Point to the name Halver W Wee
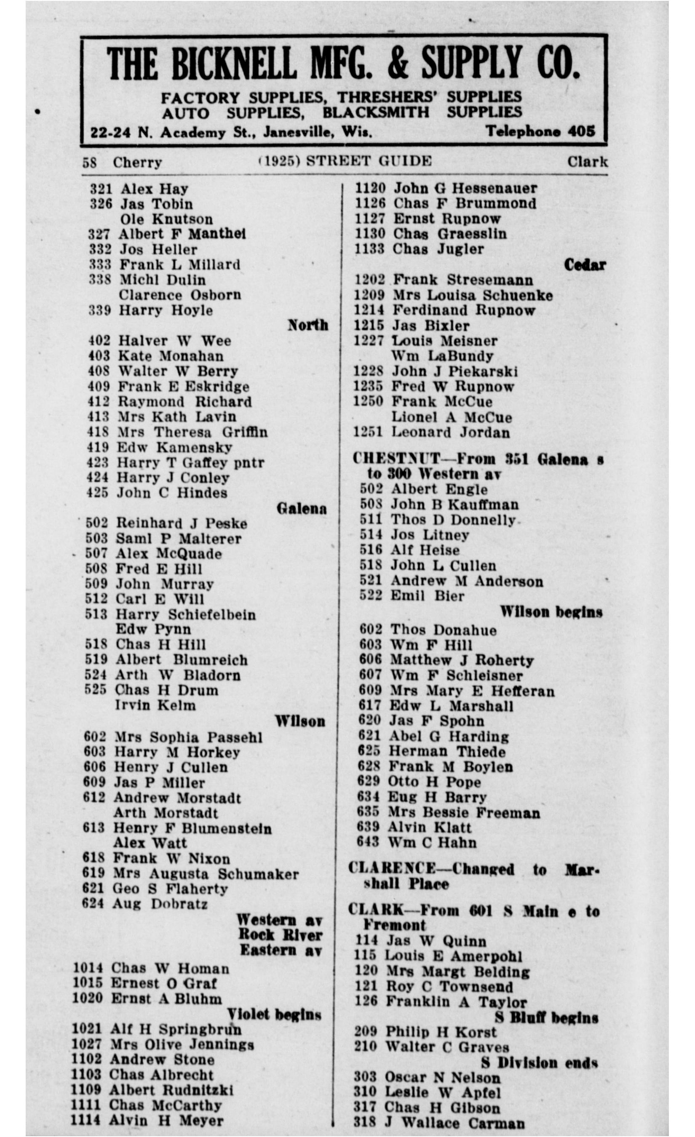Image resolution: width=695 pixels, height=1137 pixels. pos(174,341)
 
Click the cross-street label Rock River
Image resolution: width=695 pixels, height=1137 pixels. pos(280,934)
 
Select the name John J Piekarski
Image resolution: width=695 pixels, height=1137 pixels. pos(455,371)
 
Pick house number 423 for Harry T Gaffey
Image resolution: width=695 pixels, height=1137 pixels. pos(98,462)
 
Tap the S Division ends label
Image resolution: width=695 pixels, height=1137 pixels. pos(540,1063)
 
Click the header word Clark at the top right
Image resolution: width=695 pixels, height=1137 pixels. pos(587,162)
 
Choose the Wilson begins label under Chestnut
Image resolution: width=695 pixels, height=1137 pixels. pos(551,612)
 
